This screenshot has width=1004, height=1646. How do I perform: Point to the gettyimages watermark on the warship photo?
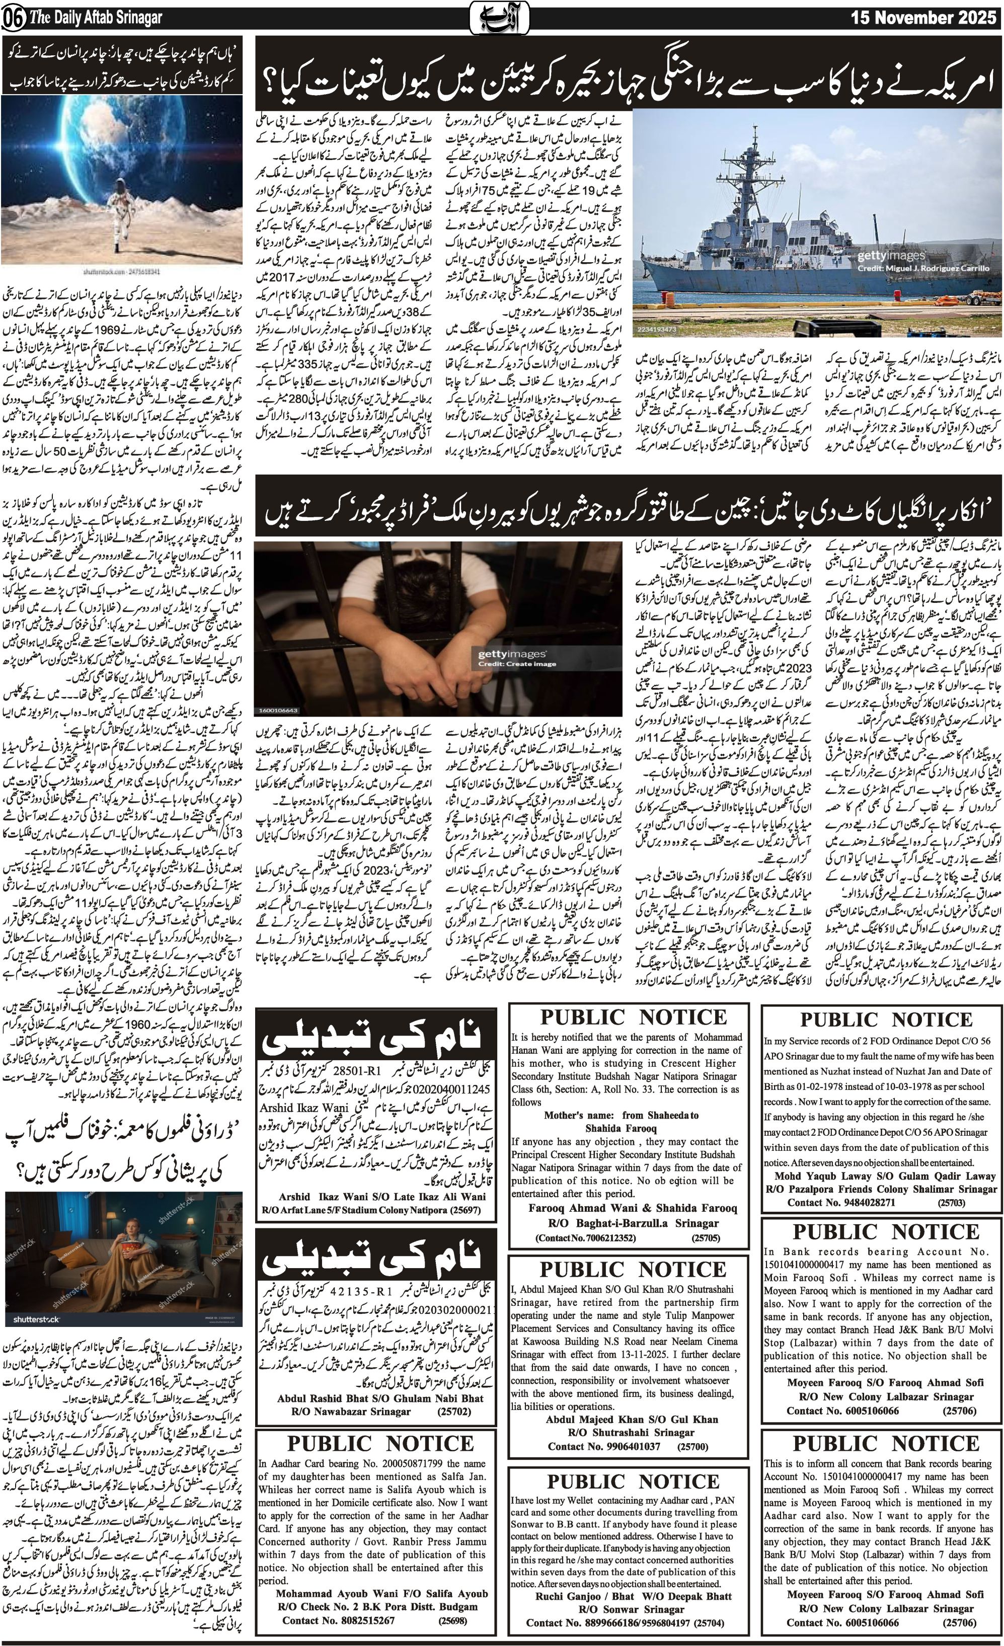891,255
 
